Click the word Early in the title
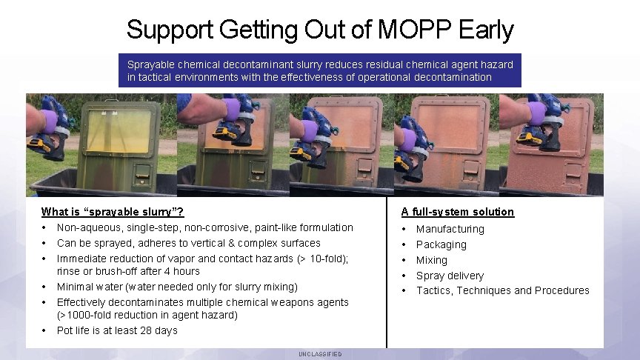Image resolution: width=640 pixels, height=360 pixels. (486, 30)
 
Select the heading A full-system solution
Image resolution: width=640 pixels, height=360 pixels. (458, 212)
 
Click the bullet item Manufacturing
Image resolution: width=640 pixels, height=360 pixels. (450, 229)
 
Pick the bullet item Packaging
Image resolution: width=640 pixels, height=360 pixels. (441, 244)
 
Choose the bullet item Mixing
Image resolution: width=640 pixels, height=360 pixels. (432, 260)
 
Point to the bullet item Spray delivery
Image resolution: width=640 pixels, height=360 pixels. (450, 276)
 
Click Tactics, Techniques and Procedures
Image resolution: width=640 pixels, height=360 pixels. (503, 290)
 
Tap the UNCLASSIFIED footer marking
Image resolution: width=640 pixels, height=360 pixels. (320, 354)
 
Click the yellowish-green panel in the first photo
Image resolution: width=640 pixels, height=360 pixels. (118, 132)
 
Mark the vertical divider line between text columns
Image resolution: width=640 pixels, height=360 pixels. (387, 274)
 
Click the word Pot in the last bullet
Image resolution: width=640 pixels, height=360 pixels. (65, 330)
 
